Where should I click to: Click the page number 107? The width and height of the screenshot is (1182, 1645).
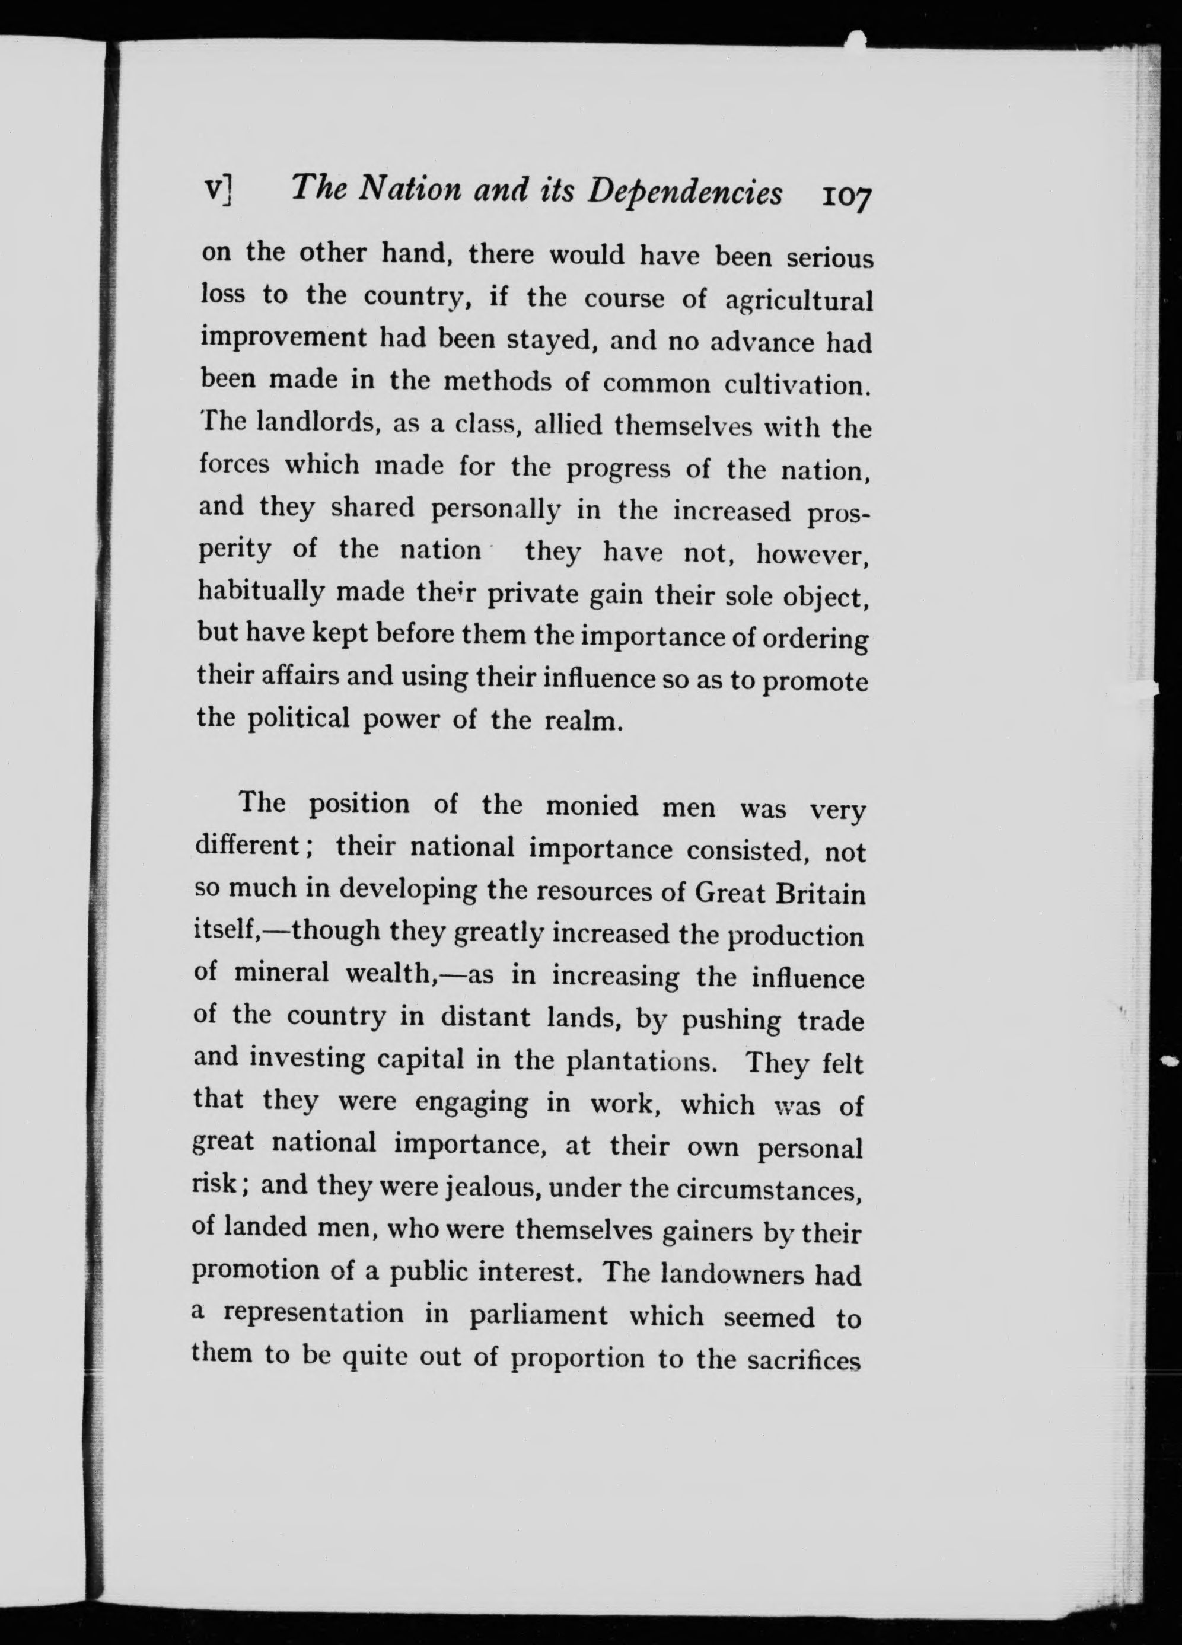[x=845, y=196]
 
